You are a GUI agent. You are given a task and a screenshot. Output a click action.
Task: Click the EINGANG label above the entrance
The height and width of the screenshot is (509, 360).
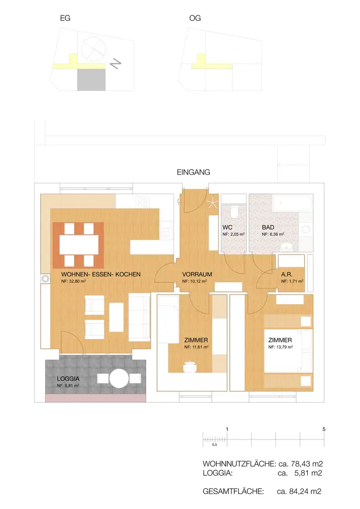point(193,172)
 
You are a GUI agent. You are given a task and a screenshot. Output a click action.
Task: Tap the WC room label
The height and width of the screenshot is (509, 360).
point(228,227)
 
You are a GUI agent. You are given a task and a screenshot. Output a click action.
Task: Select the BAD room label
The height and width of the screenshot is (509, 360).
point(268,227)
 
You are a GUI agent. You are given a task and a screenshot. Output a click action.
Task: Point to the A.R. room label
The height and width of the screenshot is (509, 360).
point(286,274)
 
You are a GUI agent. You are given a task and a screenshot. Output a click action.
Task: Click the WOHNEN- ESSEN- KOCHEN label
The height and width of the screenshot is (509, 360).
point(100,274)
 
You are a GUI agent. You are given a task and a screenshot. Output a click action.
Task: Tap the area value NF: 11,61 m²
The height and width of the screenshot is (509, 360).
point(196,347)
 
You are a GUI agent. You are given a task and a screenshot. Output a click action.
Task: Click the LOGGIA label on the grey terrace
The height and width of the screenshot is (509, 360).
point(68,378)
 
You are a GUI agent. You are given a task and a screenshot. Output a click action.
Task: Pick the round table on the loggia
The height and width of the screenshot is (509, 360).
point(119,379)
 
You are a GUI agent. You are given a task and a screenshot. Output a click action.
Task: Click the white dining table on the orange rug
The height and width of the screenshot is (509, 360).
point(79,244)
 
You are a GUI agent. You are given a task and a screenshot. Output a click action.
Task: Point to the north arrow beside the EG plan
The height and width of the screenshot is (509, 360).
point(116,64)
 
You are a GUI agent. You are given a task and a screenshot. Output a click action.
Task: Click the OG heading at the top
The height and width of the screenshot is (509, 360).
point(195,18)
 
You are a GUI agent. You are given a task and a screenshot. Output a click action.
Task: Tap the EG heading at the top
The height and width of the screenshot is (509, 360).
point(65,18)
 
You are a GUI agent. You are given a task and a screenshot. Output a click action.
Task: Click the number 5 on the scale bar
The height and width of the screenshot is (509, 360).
point(324,428)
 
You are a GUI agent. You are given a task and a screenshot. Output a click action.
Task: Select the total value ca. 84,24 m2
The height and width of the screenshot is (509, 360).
point(298,492)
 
